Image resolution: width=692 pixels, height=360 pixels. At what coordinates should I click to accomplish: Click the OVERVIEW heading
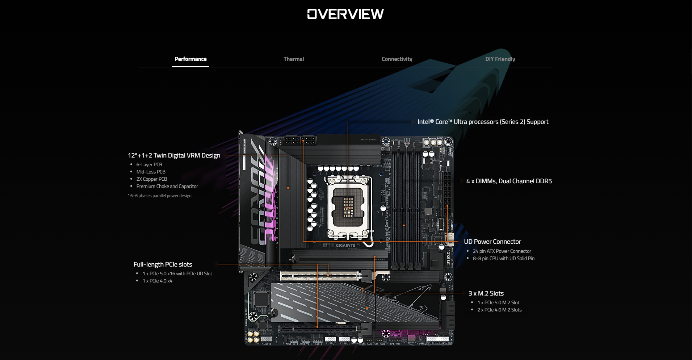(345, 14)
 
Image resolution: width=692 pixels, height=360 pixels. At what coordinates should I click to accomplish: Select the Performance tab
(190, 59)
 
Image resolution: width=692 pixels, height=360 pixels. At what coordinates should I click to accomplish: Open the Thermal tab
(294, 59)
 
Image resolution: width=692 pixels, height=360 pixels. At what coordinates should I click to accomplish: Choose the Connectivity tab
(397, 59)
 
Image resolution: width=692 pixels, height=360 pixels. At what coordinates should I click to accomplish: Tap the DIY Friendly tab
(500, 59)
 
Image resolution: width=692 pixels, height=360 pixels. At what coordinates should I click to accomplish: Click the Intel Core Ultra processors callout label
(483, 122)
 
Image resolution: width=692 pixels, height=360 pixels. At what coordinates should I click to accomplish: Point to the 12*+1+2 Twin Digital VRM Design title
(174, 155)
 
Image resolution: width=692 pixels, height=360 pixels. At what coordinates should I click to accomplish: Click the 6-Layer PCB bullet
(149, 164)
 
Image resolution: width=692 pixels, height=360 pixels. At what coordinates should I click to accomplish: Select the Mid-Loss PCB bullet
(151, 172)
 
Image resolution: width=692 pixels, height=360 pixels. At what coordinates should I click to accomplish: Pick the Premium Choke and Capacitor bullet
(167, 186)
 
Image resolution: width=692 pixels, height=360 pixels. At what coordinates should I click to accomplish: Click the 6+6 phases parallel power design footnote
(160, 196)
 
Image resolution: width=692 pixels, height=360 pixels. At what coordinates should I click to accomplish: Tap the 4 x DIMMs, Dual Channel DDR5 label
(509, 181)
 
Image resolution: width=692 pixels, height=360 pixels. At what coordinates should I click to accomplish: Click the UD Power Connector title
(492, 242)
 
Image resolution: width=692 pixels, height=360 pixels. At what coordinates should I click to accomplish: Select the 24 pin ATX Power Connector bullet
(502, 251)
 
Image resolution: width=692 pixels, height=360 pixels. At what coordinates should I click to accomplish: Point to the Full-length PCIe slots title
(163, 264)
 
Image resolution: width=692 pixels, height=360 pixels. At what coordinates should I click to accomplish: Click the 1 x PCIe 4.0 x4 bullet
(157, 281)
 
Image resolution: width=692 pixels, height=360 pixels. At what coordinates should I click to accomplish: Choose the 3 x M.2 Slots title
(486, 293)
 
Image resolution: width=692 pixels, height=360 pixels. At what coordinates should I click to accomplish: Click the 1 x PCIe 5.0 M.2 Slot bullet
(498, 302)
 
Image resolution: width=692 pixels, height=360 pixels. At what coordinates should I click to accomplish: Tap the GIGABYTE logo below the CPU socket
(345, 246)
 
